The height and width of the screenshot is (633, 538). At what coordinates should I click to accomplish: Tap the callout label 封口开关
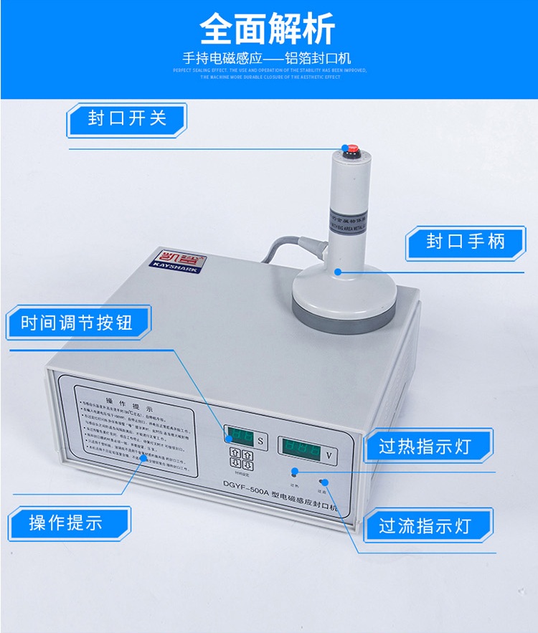pyautogui.click(x=127, y=119)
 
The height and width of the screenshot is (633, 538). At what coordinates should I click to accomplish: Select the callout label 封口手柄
pyautogui.click(x=465, y=242)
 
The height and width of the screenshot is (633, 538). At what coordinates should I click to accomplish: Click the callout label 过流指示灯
pyautogui.click(x=425, y=525)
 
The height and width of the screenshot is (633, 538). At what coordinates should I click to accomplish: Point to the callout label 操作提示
pyautogui.click(x=66, y=523)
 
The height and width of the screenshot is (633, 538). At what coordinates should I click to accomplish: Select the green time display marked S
pyautogui.click(x=237, y=435)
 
